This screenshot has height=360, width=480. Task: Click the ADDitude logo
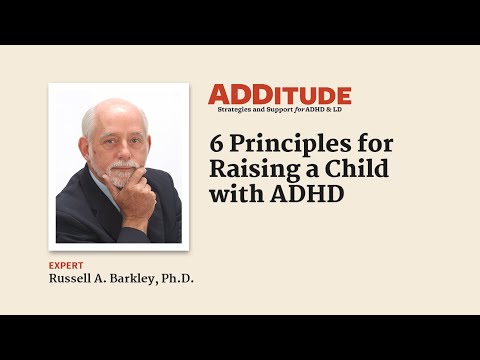tap(279, 94)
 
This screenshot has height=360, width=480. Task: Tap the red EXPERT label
tap(66, 265)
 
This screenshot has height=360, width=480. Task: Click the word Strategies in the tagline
tap(232, 107)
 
